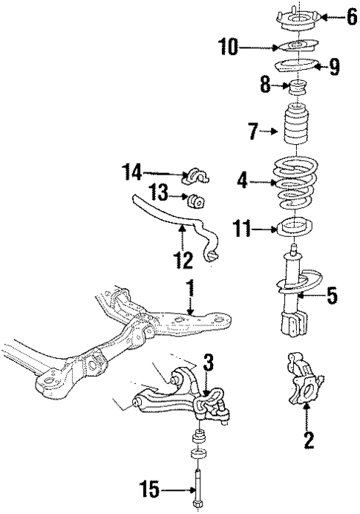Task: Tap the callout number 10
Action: (228, 48)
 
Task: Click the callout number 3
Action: (209, 362)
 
